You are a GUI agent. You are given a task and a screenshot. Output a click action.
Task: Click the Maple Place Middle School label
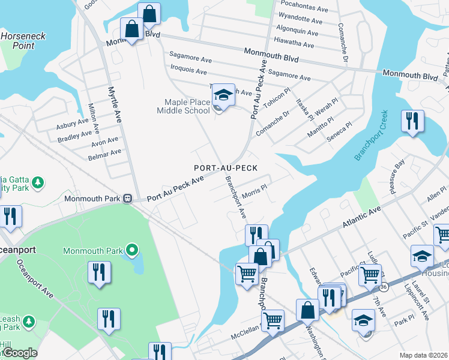pyautogui.click(x=184, y=106)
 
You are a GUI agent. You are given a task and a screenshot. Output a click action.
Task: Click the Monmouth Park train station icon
pyautogui.click(x=128, y=198)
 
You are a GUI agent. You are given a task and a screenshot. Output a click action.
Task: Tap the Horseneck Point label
pyautogui.click(x=22, y=41)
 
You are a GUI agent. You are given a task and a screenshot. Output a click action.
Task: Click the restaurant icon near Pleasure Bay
pyautogui.click(x=413, y=121)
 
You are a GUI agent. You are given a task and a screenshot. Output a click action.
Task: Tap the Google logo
pyautogui.click(x=20, y=353)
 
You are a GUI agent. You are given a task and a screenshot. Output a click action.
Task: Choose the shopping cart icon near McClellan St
pyautogui.click(x=273, y=320)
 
